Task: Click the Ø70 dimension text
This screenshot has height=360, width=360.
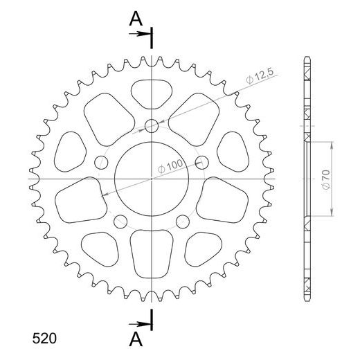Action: [325, 179]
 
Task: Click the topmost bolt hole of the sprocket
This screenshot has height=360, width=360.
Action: [152, 125]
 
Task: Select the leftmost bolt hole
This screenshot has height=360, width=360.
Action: [101, 163]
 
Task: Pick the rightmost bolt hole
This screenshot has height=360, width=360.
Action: [202, 163]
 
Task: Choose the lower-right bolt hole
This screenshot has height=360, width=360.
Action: [183, 222]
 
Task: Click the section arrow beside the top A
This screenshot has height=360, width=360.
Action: [142, 33]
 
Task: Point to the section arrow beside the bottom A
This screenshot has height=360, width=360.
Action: [142, 323]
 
